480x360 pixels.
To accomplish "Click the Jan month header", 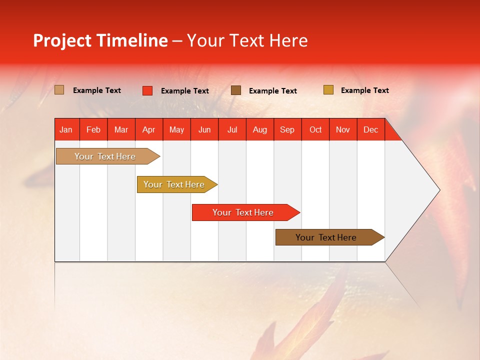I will [x=66, y=129].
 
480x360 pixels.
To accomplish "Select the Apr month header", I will [x=149, y=129].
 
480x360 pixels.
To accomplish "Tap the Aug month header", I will [x=260, y=129].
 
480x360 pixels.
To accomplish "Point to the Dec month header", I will [x=371, y=129].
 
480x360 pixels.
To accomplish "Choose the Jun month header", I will [x=204, y=129].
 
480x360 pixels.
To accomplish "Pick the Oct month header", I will [x=315, y=129].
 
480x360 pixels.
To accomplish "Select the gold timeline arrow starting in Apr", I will [x=175, y=184].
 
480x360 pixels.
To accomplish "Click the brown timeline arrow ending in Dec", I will [x=327, y=237].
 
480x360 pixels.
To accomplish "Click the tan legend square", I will [x=59, y=90].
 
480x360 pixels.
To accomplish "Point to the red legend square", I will [x=147, y=90].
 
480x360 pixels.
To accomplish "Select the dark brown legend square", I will [x=236, y=90].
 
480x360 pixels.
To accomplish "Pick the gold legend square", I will [x=328, y=90].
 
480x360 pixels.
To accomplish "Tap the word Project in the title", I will [x=62, y=40].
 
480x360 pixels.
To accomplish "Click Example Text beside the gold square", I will [x=364, y=90].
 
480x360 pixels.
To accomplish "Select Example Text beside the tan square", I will [x=97, y=90].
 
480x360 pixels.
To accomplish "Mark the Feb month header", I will [x=93, y=129].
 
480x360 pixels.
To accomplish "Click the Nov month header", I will [x=343, y=129].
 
